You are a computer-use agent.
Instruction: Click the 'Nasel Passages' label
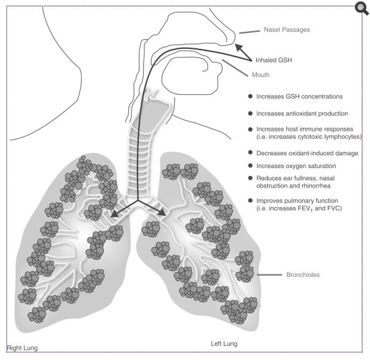point(287,29)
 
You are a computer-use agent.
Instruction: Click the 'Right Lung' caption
point(23,348)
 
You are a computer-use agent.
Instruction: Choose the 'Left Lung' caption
point(224,343)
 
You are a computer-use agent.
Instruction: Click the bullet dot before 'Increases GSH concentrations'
point(250,97)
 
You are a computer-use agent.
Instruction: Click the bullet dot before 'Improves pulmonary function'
point(250,200)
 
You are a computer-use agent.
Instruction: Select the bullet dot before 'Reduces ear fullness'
point(250,178)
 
